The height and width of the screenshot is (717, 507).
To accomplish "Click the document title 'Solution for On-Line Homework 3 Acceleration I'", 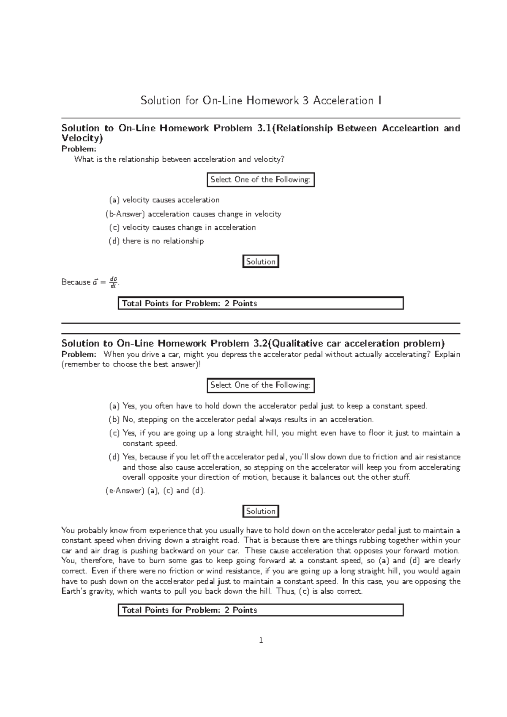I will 261,100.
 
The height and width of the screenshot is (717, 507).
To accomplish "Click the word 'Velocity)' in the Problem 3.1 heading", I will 82,138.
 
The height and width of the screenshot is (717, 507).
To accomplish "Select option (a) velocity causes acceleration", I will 164,200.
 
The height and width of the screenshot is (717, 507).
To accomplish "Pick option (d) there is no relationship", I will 156,241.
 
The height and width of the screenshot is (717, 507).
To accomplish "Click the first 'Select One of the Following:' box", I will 260,180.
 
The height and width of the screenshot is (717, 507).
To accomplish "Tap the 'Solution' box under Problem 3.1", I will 261,262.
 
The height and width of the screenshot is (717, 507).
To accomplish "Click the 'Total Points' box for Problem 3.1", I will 260,303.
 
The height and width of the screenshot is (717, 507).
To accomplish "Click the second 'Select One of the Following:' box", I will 260,385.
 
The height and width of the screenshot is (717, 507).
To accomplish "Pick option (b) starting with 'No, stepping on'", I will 241,420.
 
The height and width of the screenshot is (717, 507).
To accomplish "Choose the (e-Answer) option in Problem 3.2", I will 155,491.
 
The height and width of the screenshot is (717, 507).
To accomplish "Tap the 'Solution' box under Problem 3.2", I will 261,511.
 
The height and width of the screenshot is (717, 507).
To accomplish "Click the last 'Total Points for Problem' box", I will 260,610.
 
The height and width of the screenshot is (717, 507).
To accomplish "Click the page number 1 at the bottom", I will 261,641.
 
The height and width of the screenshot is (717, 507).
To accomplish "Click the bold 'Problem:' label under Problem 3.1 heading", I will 79,149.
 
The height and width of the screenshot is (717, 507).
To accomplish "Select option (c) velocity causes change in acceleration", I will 183,228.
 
